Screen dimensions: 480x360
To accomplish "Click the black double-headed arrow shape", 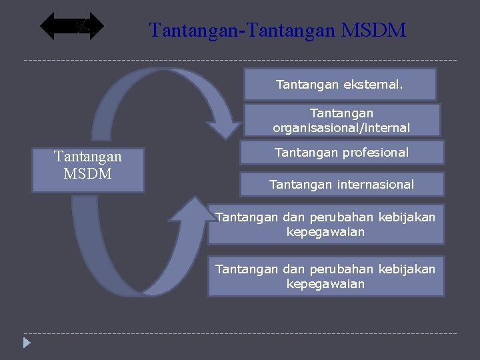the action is coord(72,27).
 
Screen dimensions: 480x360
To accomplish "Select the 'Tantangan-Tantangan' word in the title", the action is coord(243,30).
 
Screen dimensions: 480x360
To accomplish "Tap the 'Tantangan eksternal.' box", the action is coord(340,85).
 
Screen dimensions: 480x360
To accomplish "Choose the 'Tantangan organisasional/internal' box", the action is coord(341,120).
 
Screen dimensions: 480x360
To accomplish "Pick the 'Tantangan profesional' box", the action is coord(341,153).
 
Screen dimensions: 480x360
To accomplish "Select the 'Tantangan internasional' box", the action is coord(341,184).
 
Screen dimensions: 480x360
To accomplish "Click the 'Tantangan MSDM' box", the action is coord(88,170).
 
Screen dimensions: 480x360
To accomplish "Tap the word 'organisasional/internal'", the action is coord(341,127).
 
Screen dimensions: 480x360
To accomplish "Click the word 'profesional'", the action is coord(375,153).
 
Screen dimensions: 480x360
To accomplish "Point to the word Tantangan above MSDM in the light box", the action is coord(88,157).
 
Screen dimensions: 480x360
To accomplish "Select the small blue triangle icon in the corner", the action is coord(26,344).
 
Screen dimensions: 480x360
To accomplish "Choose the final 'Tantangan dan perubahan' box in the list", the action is coord(325,276).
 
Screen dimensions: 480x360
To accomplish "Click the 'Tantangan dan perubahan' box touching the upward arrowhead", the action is coord(325,224).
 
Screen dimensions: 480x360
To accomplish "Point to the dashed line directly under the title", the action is coord(240,61).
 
